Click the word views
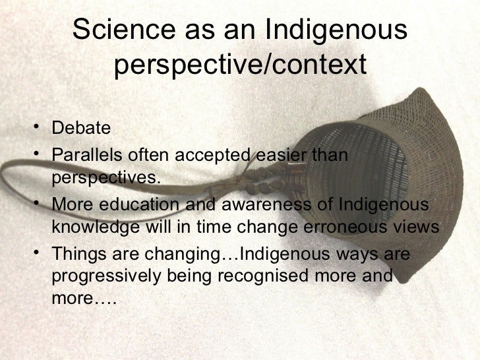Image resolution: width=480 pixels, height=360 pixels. coord(415,227)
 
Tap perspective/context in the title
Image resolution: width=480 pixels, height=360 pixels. coord(239,65)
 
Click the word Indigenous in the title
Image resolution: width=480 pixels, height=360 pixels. coord(336,30)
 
